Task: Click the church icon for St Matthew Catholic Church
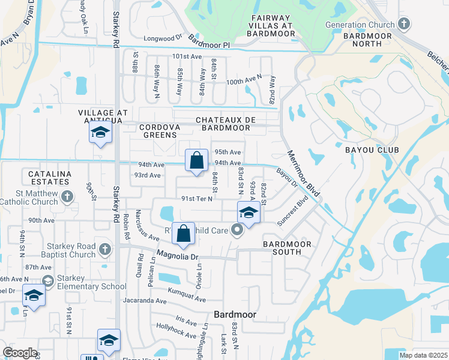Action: click(68, 196)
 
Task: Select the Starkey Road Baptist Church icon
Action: click(105, 249)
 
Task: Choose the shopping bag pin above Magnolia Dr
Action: click(184, 233)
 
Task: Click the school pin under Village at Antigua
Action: click(100, 133)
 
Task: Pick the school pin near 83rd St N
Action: click(248, 212)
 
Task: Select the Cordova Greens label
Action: click(160, 131)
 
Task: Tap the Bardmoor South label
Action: click(288, 248)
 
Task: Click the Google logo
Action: click(20, 353)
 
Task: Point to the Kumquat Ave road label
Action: click(187, 299)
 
